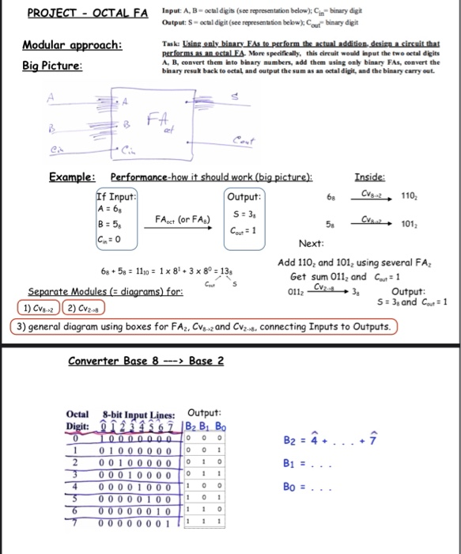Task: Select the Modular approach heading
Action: [72, 44]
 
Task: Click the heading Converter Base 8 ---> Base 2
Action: [146, 360]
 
